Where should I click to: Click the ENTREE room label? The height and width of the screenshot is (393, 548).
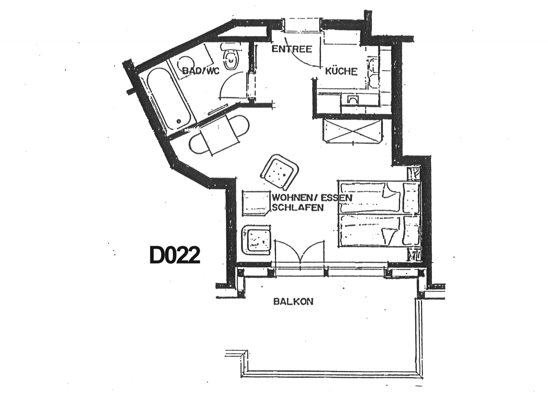pos(292,49)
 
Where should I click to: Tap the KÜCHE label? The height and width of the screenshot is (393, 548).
pos(341,71)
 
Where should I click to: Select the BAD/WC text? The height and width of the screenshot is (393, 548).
pos(201,71)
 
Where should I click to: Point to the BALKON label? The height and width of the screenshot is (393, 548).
pos(293,302)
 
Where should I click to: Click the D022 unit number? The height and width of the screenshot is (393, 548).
pos(175,255)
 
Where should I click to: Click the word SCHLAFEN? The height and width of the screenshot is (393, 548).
pos(298,208)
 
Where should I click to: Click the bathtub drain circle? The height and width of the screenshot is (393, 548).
pos(179,121)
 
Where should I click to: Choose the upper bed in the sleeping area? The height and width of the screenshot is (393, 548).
pos(379,197)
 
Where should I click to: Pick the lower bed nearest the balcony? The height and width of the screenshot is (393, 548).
pos(379,230)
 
